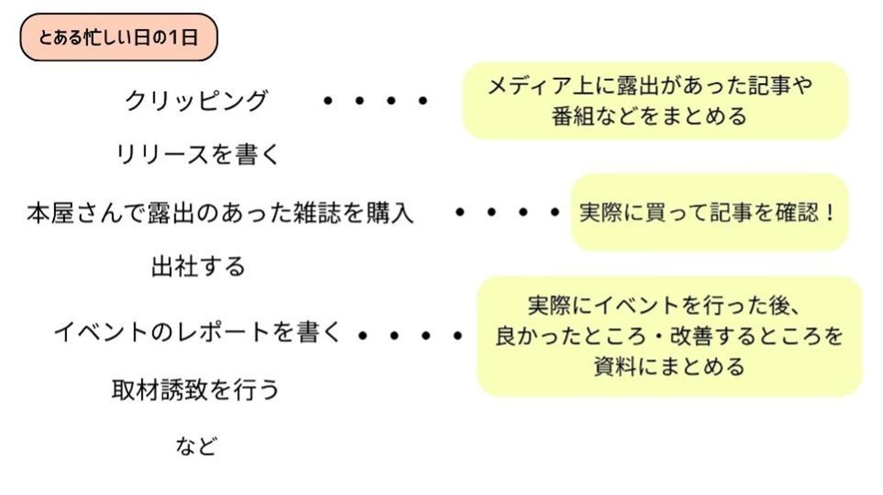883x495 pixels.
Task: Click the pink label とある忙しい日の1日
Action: [x=118, y=38]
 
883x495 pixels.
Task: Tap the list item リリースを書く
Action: [x=197, y=155]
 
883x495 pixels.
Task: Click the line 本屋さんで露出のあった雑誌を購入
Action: [x=220, y=214]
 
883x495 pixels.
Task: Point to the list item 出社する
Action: [x=197, y=267]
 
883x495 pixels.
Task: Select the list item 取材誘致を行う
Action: [x=195, y=389]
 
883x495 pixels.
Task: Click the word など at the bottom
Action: [x=196, y=446]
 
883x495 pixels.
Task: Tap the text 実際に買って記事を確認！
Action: [x=707, y=213]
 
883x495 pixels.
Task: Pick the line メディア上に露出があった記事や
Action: [x=649, y=85]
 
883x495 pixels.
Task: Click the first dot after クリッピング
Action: [x=327, y=100]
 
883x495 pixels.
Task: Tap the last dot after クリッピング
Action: [x=422, y=100]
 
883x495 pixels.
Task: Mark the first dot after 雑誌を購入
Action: [x=459, y=213]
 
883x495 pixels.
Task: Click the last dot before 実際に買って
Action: [x=554, y=213]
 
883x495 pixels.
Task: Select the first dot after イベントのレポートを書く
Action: [x=362, y=335]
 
